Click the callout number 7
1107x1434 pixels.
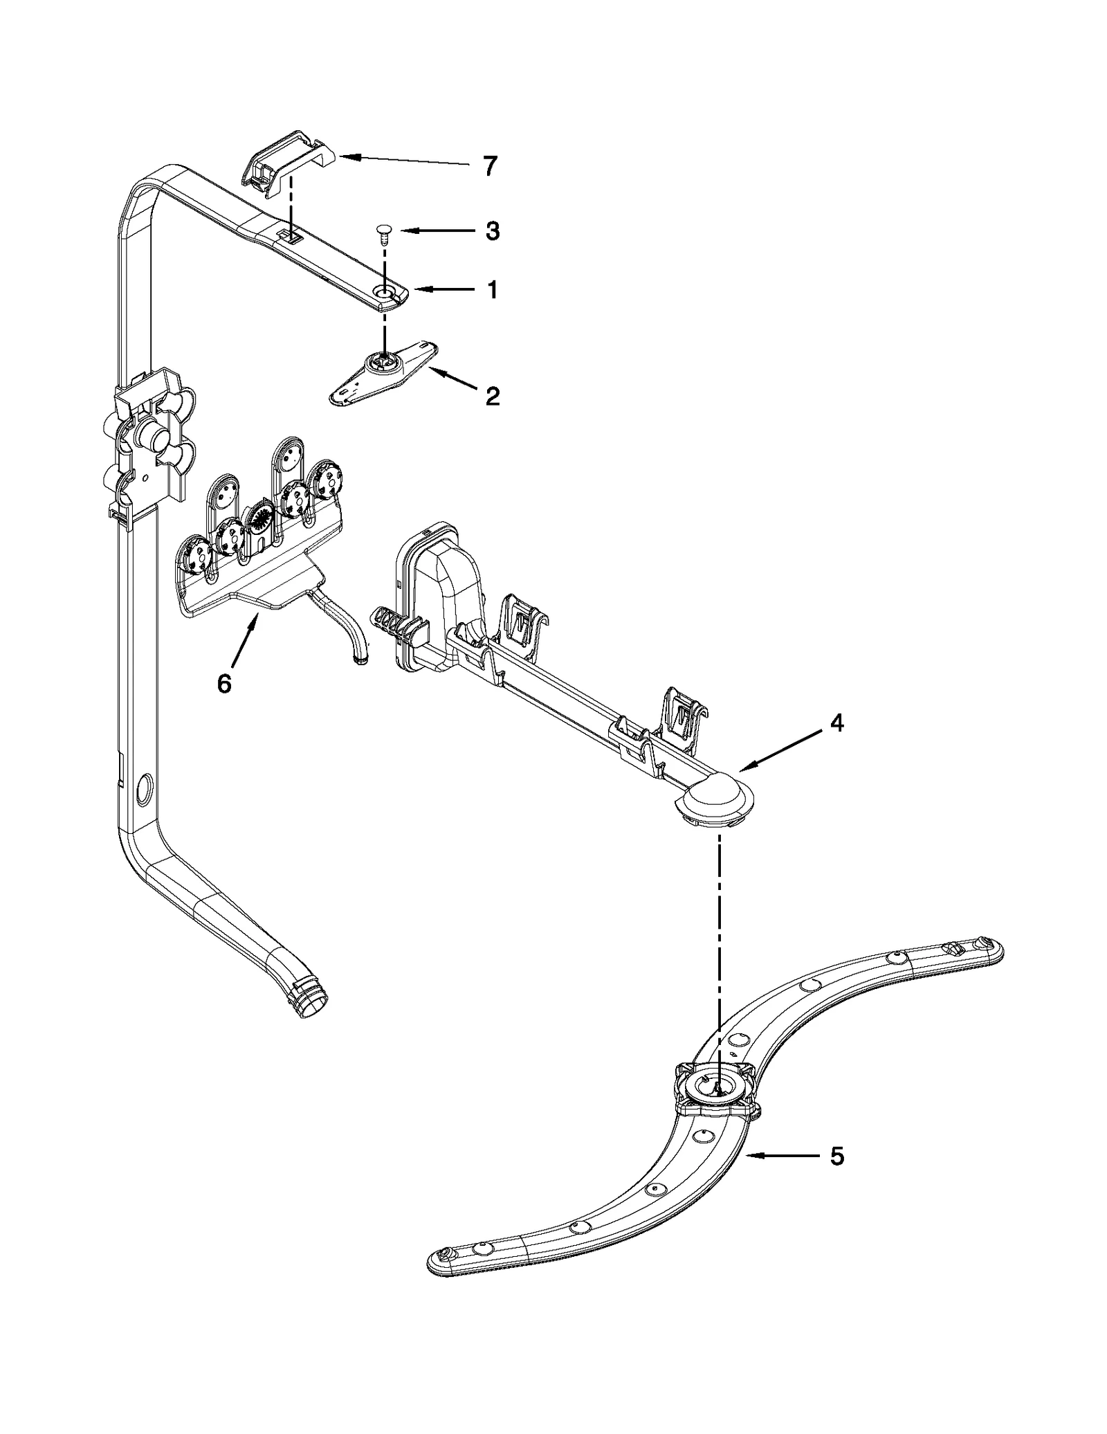point(490,166)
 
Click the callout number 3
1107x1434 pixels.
point(492,231)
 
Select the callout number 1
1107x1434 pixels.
point(492,291)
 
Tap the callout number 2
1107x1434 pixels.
point(492,397)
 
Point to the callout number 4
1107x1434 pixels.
point(836,724)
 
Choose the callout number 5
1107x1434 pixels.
point(836,1156)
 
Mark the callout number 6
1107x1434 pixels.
point(223,683)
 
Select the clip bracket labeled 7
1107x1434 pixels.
point(285,161)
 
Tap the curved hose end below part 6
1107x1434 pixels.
point(360,661)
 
